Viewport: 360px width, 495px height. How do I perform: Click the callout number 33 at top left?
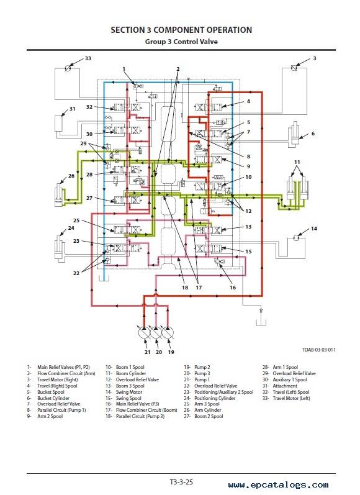click(88, 58)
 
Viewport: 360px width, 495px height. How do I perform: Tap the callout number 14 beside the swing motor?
click(313, 229)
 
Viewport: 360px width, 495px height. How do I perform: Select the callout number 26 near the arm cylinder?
click(71, 176)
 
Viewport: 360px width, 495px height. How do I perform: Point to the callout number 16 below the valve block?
click(233, 288)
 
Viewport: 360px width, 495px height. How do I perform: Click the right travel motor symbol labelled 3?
click(294, 68)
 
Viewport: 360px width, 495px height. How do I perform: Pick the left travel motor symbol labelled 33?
click(68, 68)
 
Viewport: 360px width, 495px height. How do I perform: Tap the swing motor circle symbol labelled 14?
click(296, 237)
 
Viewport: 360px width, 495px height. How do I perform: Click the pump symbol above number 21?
click(144, 334)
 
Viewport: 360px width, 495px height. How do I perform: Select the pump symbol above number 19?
click(168, 334)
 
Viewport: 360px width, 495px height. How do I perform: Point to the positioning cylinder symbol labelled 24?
click(59, 247)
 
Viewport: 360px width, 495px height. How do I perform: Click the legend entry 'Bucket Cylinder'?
click(53, 398)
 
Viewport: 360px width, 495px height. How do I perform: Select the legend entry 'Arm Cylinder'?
click(207, 410)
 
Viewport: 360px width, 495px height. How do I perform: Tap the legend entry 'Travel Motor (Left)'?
click(291, 398)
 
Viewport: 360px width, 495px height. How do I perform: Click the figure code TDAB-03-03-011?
click(318, 350)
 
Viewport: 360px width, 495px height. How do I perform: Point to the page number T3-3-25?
click(181, 482)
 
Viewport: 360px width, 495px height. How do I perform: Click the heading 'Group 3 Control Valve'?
click(181, 42)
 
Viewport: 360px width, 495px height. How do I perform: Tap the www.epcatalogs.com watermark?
click(278, 484)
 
